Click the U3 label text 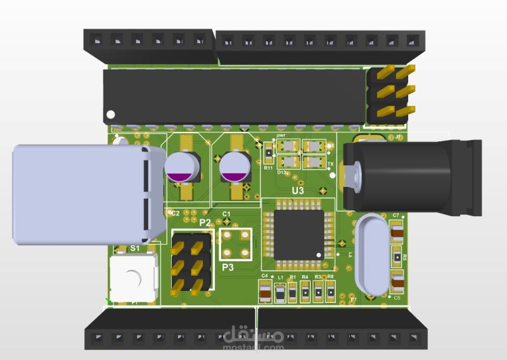297,190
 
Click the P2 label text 205,222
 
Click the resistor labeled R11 268,152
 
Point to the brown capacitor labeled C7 397,233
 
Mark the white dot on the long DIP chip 111,115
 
